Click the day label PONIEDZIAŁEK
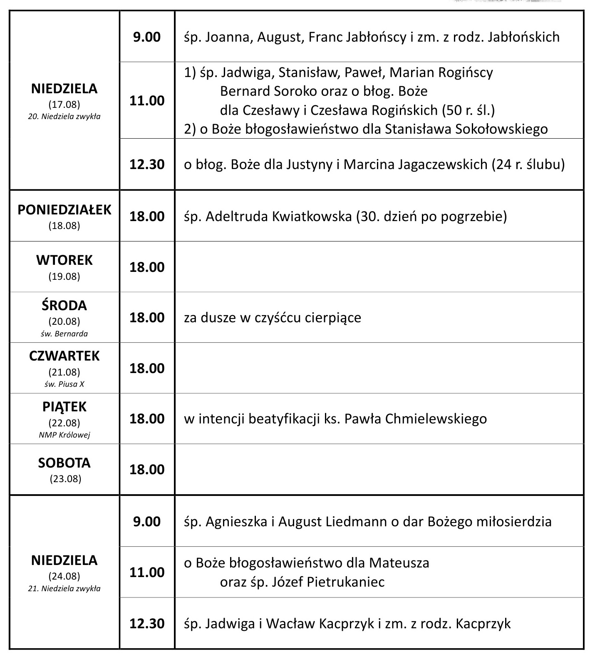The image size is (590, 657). pos(64,209)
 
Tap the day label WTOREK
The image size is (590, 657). pos(64,260)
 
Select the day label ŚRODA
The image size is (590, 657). pos(64,306)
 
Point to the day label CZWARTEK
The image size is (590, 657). pos(64,356)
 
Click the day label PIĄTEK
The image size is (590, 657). pos(64,407)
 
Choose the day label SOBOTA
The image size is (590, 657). pos(64,463)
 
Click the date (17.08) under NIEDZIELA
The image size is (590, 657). pos(64,104)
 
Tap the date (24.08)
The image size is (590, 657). pos(64,576)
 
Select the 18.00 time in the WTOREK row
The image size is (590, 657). pos(147,267)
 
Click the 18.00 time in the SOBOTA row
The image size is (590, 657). pos(147,470)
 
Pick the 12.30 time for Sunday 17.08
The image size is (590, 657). pos(147,164)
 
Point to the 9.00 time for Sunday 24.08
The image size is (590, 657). pos(147,522)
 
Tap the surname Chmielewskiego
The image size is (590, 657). pos(436,419)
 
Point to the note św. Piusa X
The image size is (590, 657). pos(64,384)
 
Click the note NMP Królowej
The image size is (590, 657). pos(64,435)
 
